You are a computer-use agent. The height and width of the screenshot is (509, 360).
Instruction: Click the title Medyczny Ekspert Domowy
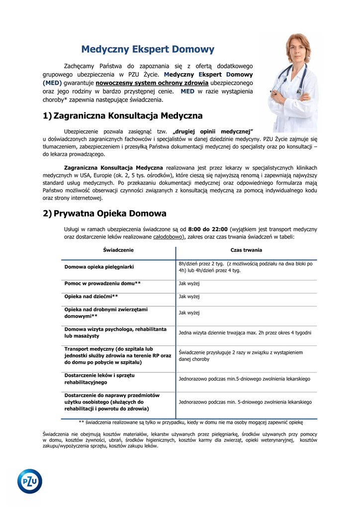tap(148, 49)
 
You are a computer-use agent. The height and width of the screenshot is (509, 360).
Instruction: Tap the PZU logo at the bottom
tap(30, 481)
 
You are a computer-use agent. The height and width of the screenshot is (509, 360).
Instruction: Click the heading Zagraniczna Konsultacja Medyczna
tap(128, 116)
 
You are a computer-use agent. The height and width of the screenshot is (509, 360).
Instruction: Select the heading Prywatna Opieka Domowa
tap(110, 214)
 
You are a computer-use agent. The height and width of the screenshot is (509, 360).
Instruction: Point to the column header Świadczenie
tap(118, 250)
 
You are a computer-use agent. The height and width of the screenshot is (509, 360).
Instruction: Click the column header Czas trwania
tap(246, 250)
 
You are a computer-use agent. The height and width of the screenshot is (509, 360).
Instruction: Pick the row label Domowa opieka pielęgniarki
tap(99, 267)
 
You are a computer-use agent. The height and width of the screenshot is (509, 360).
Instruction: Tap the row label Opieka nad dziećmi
tap(91, 297)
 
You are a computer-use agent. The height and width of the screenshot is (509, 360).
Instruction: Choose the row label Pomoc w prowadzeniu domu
tap(102, 283)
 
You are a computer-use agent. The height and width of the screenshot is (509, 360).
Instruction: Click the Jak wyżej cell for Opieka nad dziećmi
tap(189, 297)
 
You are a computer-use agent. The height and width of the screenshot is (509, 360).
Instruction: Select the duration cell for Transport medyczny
tap(241, 355)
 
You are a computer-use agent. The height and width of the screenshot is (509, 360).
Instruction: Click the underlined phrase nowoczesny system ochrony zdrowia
tap(152, 83)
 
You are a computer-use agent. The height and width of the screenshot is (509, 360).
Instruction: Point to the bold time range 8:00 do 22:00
tap(208, 229)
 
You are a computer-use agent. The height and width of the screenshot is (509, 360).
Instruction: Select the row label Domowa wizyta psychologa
tap(115, 333)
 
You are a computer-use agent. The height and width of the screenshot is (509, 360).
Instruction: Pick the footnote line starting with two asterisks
tap(190, 422)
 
